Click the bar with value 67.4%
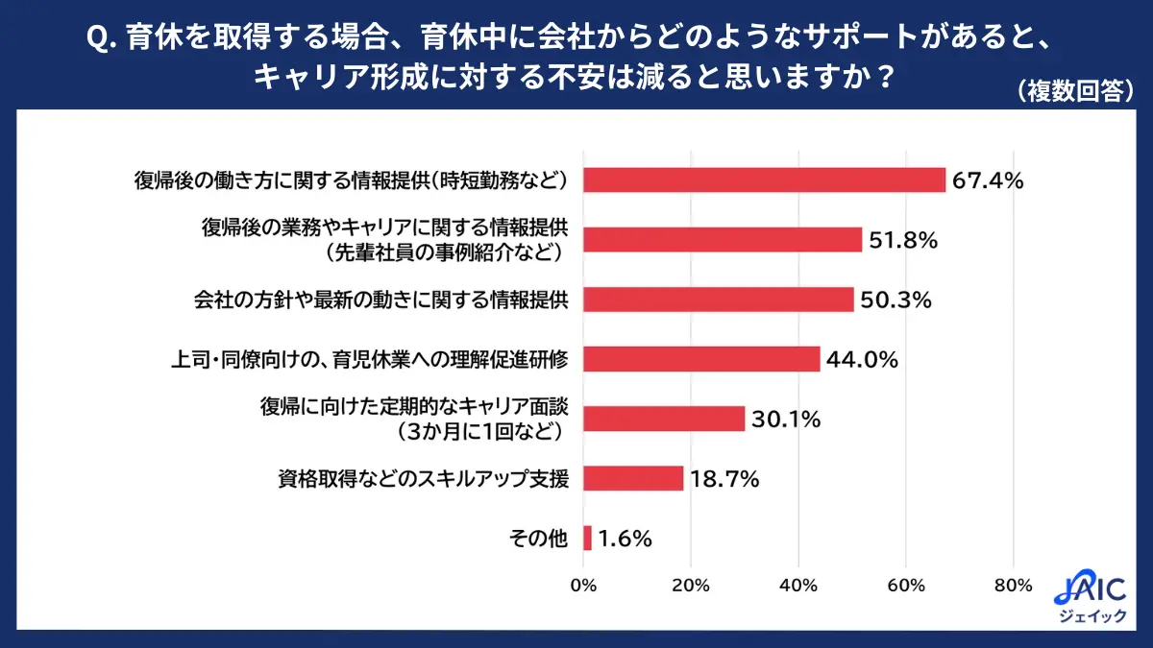pos(764,180)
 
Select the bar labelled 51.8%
pos(723,240)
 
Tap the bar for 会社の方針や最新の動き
pos(718,300)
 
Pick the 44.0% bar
pos(701,359)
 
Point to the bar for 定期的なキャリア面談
pos(664,419)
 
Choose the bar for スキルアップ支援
pos(633,478)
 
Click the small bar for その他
pos(588,539)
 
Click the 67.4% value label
pos(988,180)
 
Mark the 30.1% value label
pos(785,420)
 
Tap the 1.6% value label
pos(626,540)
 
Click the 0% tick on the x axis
pos(583,586)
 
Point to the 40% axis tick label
pos(798,586)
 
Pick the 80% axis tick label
pos(1013,586)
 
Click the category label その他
pos(539,540)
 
